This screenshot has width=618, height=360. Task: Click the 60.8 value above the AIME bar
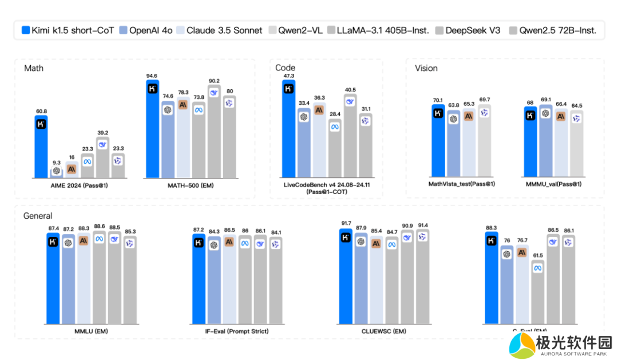[41, 111]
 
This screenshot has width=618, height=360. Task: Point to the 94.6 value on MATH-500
[152, 76]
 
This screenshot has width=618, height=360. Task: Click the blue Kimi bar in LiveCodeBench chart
[288, 129]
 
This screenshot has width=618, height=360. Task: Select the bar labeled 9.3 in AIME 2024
[57, 172]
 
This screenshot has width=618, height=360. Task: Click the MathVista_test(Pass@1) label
[461, 184]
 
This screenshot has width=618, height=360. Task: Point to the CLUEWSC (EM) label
[383, 331]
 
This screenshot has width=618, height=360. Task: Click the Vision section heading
[426, 68]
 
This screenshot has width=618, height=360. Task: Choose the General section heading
[38, 216]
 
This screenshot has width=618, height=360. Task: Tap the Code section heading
[285, 68]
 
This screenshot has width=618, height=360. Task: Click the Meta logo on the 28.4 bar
[335, 127]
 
